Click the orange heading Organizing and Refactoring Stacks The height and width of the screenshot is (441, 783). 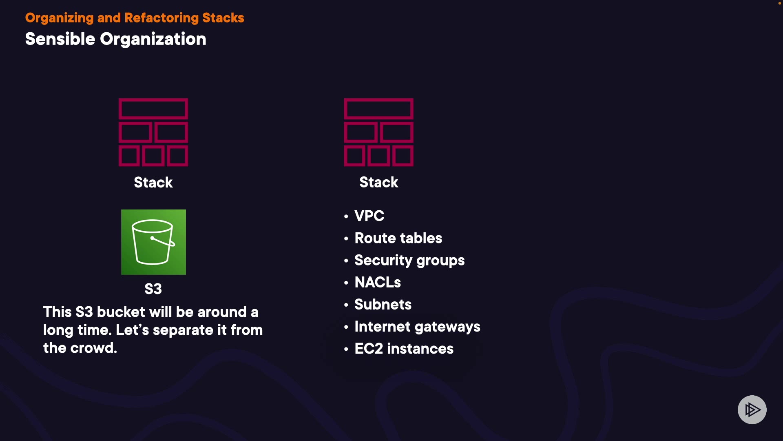(135, 18)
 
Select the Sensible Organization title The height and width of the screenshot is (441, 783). (116, 39)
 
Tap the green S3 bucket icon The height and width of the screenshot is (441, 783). (153, 242)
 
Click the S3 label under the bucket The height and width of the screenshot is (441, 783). (153, 289)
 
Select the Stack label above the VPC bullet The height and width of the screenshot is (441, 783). (379, 182)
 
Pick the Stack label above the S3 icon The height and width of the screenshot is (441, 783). (153, 182)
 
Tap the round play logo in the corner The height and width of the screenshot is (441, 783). (752, 410)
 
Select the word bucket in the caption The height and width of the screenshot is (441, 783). (121, 312)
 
